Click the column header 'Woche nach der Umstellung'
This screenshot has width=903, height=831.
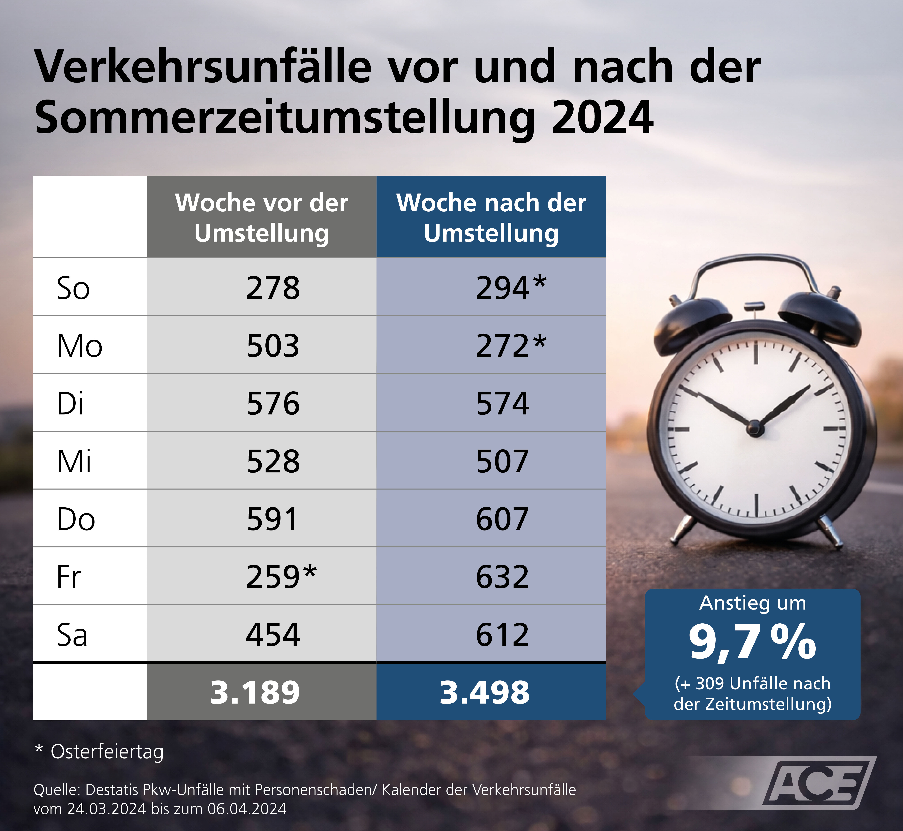coord(491,218)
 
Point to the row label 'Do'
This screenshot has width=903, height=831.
coord(76,519)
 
